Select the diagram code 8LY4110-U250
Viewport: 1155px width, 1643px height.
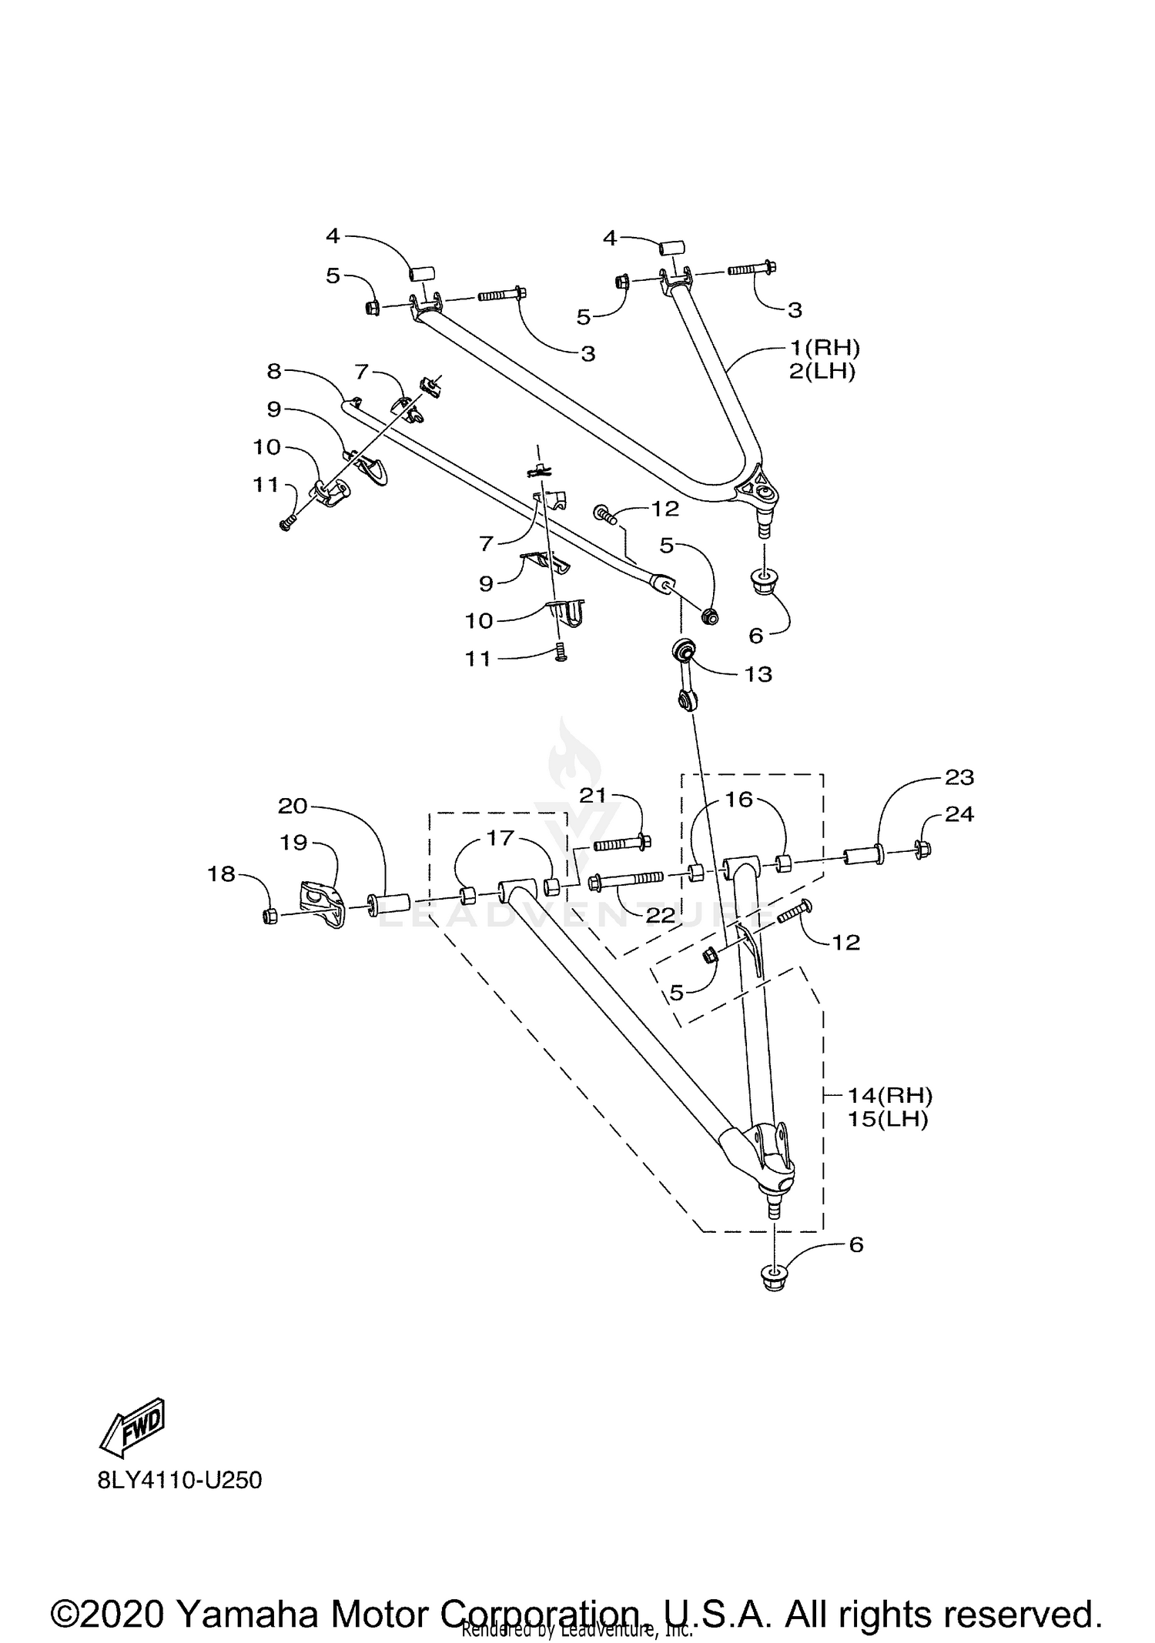coord(179,1481)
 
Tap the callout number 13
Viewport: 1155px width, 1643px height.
coord(758,674)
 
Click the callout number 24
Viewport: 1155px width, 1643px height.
coord(959,814)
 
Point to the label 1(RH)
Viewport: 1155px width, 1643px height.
coord(824,348)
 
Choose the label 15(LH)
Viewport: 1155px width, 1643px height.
coord(887,1119)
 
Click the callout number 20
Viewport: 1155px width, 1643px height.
coord(293,806)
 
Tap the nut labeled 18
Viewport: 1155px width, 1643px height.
coord(270,916)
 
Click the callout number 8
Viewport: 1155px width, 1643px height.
coord(275,371)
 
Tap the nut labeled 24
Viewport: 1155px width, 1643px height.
coord(924,849)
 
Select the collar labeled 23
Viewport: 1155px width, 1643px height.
coord(863,855)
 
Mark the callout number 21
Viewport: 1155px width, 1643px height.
coord(593,796)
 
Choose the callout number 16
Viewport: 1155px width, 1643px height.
coord(738,800)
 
